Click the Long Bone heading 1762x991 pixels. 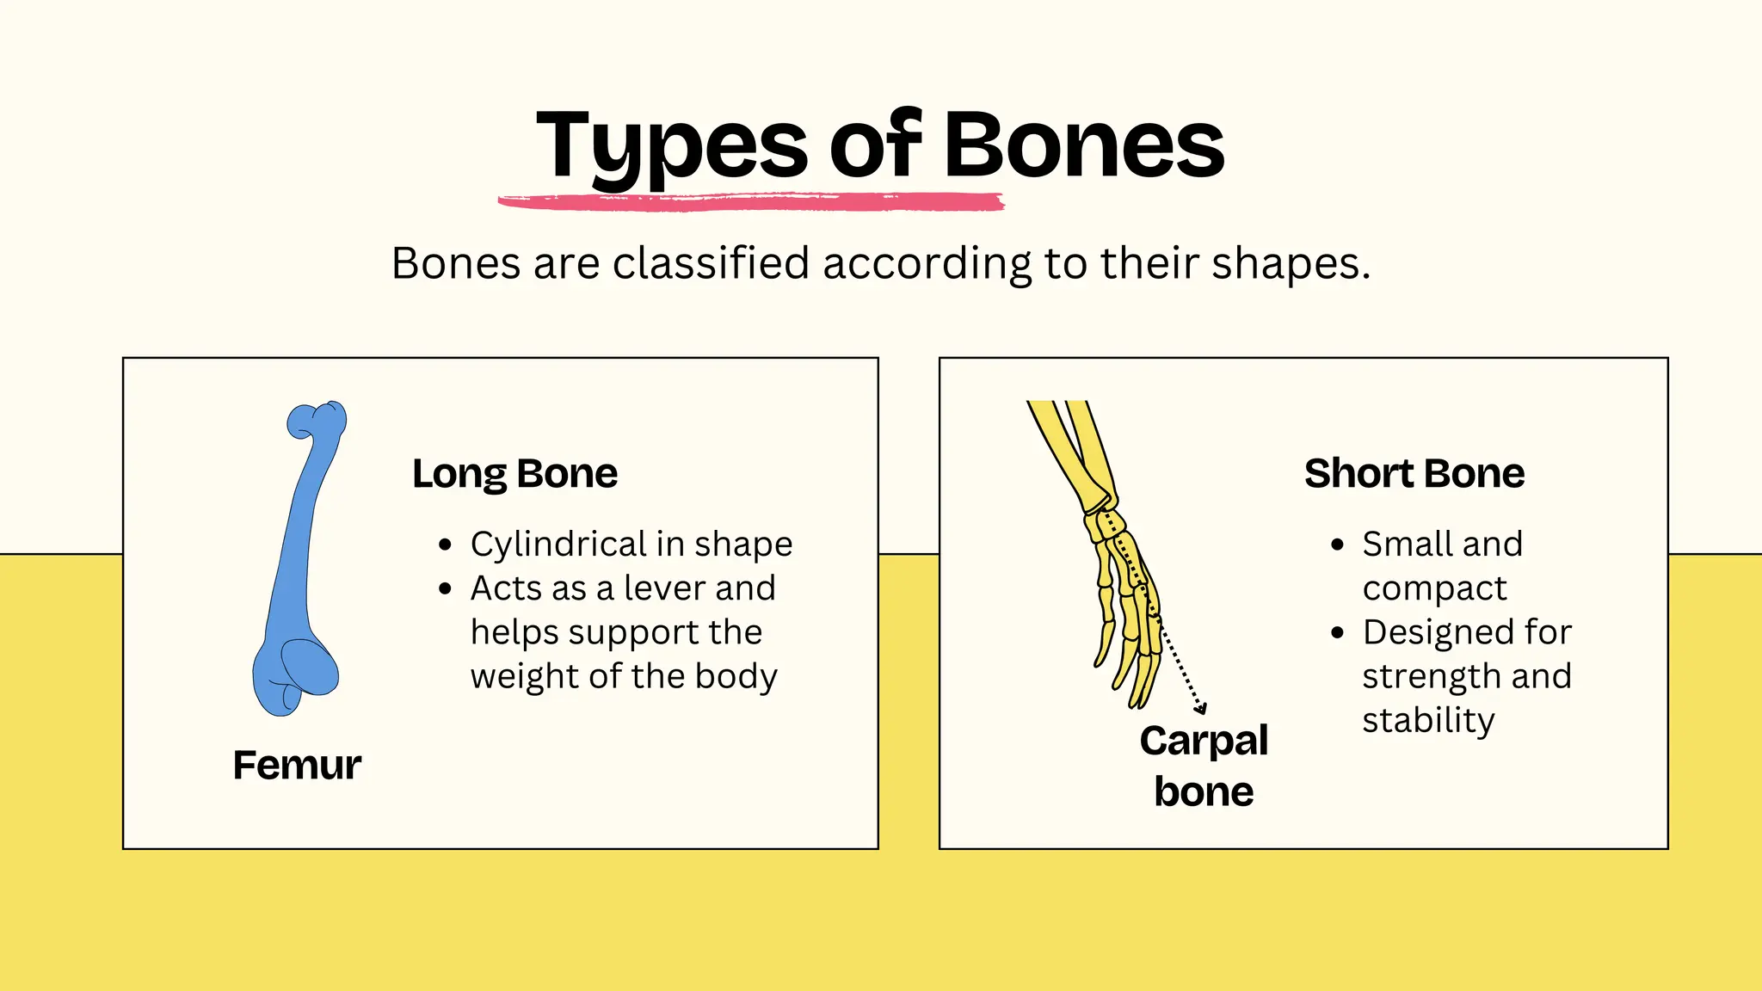514,473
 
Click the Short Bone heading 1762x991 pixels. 1414,473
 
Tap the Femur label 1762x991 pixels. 297,765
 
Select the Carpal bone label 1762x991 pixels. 1204,766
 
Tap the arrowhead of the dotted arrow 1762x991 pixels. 1200,709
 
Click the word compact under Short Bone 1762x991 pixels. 1434,589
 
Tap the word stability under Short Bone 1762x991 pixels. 1428,720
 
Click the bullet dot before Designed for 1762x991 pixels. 1337,633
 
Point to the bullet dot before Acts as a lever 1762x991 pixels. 445,589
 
